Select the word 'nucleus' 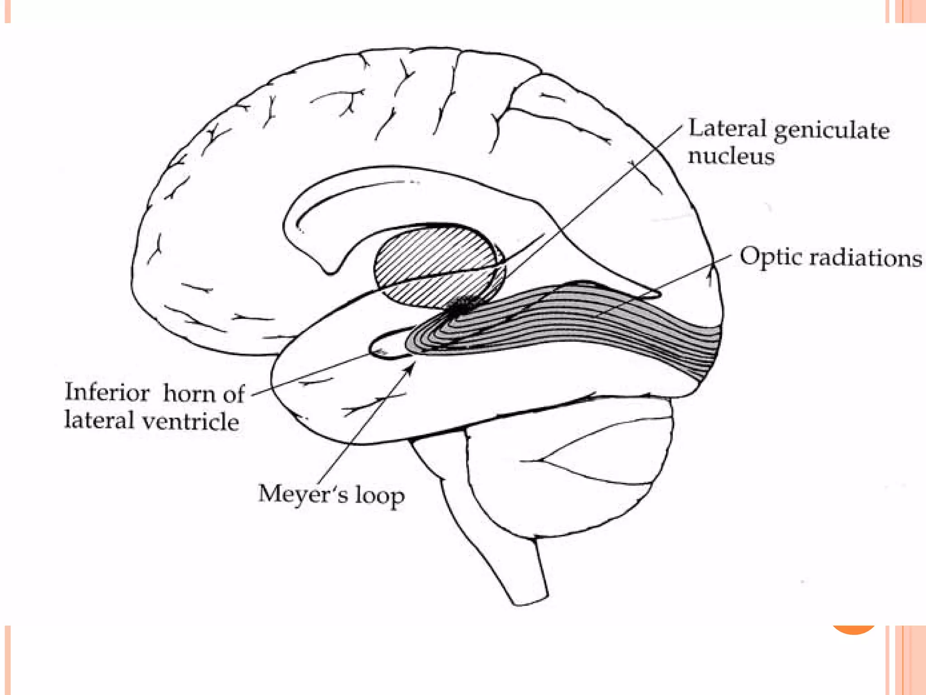pos(731,156)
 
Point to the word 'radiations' pos(865,258)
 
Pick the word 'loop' pos(379,496)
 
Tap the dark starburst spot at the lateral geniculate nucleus pos(459,307)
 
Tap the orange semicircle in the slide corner pos(853,630)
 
